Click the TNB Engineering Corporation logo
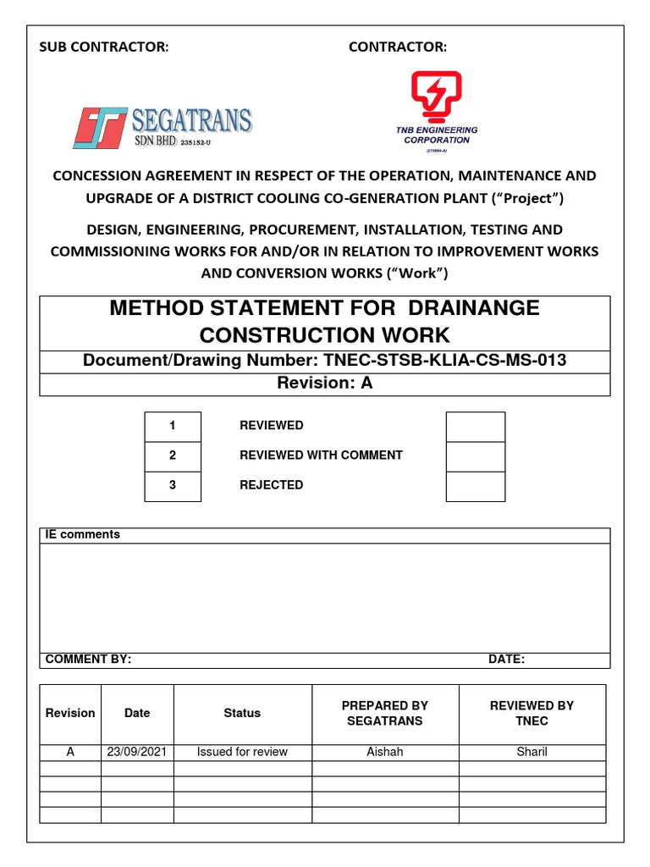tap(436, 110)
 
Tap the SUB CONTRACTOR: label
tap(104, 47)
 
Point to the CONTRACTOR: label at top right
tap(398, 47)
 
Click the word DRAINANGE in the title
tap(470, 308)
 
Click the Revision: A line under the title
tap(325, 383)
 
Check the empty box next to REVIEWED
tap(475, 426)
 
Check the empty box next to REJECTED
tap(475, 485)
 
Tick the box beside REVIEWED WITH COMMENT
tap(475, 456)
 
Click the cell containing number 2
tap(173, 456)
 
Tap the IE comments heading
tap(82, 535)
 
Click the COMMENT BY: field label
tap(88, 660)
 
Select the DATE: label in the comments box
tap(506, 660)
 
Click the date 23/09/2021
tap(137, 752)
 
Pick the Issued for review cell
tap(242, 752)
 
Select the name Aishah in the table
tap(385, 752)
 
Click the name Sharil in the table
tap(532, 752)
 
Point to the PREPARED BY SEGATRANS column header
tap(385, 713)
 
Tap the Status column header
tap(242, 713)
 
